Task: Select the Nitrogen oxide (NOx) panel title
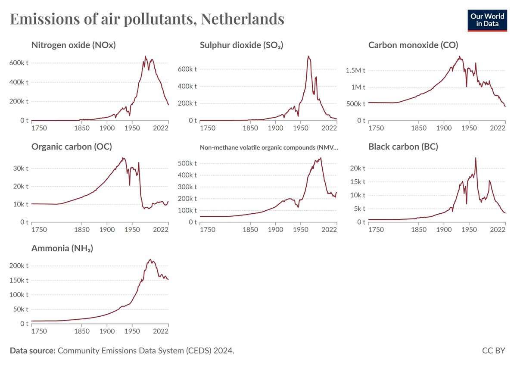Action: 73,45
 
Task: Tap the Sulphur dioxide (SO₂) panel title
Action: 241,45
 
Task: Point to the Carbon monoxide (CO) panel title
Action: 413,45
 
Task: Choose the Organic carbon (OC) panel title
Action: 72,147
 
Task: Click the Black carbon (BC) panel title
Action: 403,147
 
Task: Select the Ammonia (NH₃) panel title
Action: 62,248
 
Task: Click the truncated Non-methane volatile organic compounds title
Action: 269,147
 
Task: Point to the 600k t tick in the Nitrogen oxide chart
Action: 19,62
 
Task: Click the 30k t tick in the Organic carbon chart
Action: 21,168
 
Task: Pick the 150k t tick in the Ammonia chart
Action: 19,280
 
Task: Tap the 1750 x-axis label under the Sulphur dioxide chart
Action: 208,128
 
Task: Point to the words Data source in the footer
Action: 32,351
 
